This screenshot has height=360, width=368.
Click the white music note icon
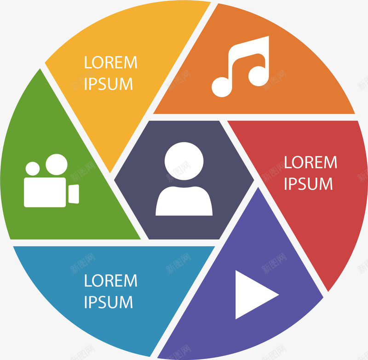click(x=241, y=67)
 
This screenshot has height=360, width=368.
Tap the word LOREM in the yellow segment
click(x=111, y=63)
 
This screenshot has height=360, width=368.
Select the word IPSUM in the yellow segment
click(x=109, y=84)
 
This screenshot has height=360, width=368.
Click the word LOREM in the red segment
click(x=310, y=162)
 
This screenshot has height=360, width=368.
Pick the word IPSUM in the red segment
click(x=308, y=184)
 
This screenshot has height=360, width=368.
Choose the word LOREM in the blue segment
click(x=111, y=280)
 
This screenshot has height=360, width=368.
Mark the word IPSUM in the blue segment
click(x=109, y=302)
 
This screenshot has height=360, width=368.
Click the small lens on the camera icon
click(x=74, y=193)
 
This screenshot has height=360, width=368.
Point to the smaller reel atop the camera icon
click(x=33, y=169)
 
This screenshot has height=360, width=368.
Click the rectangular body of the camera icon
click(x=45, y=192)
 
